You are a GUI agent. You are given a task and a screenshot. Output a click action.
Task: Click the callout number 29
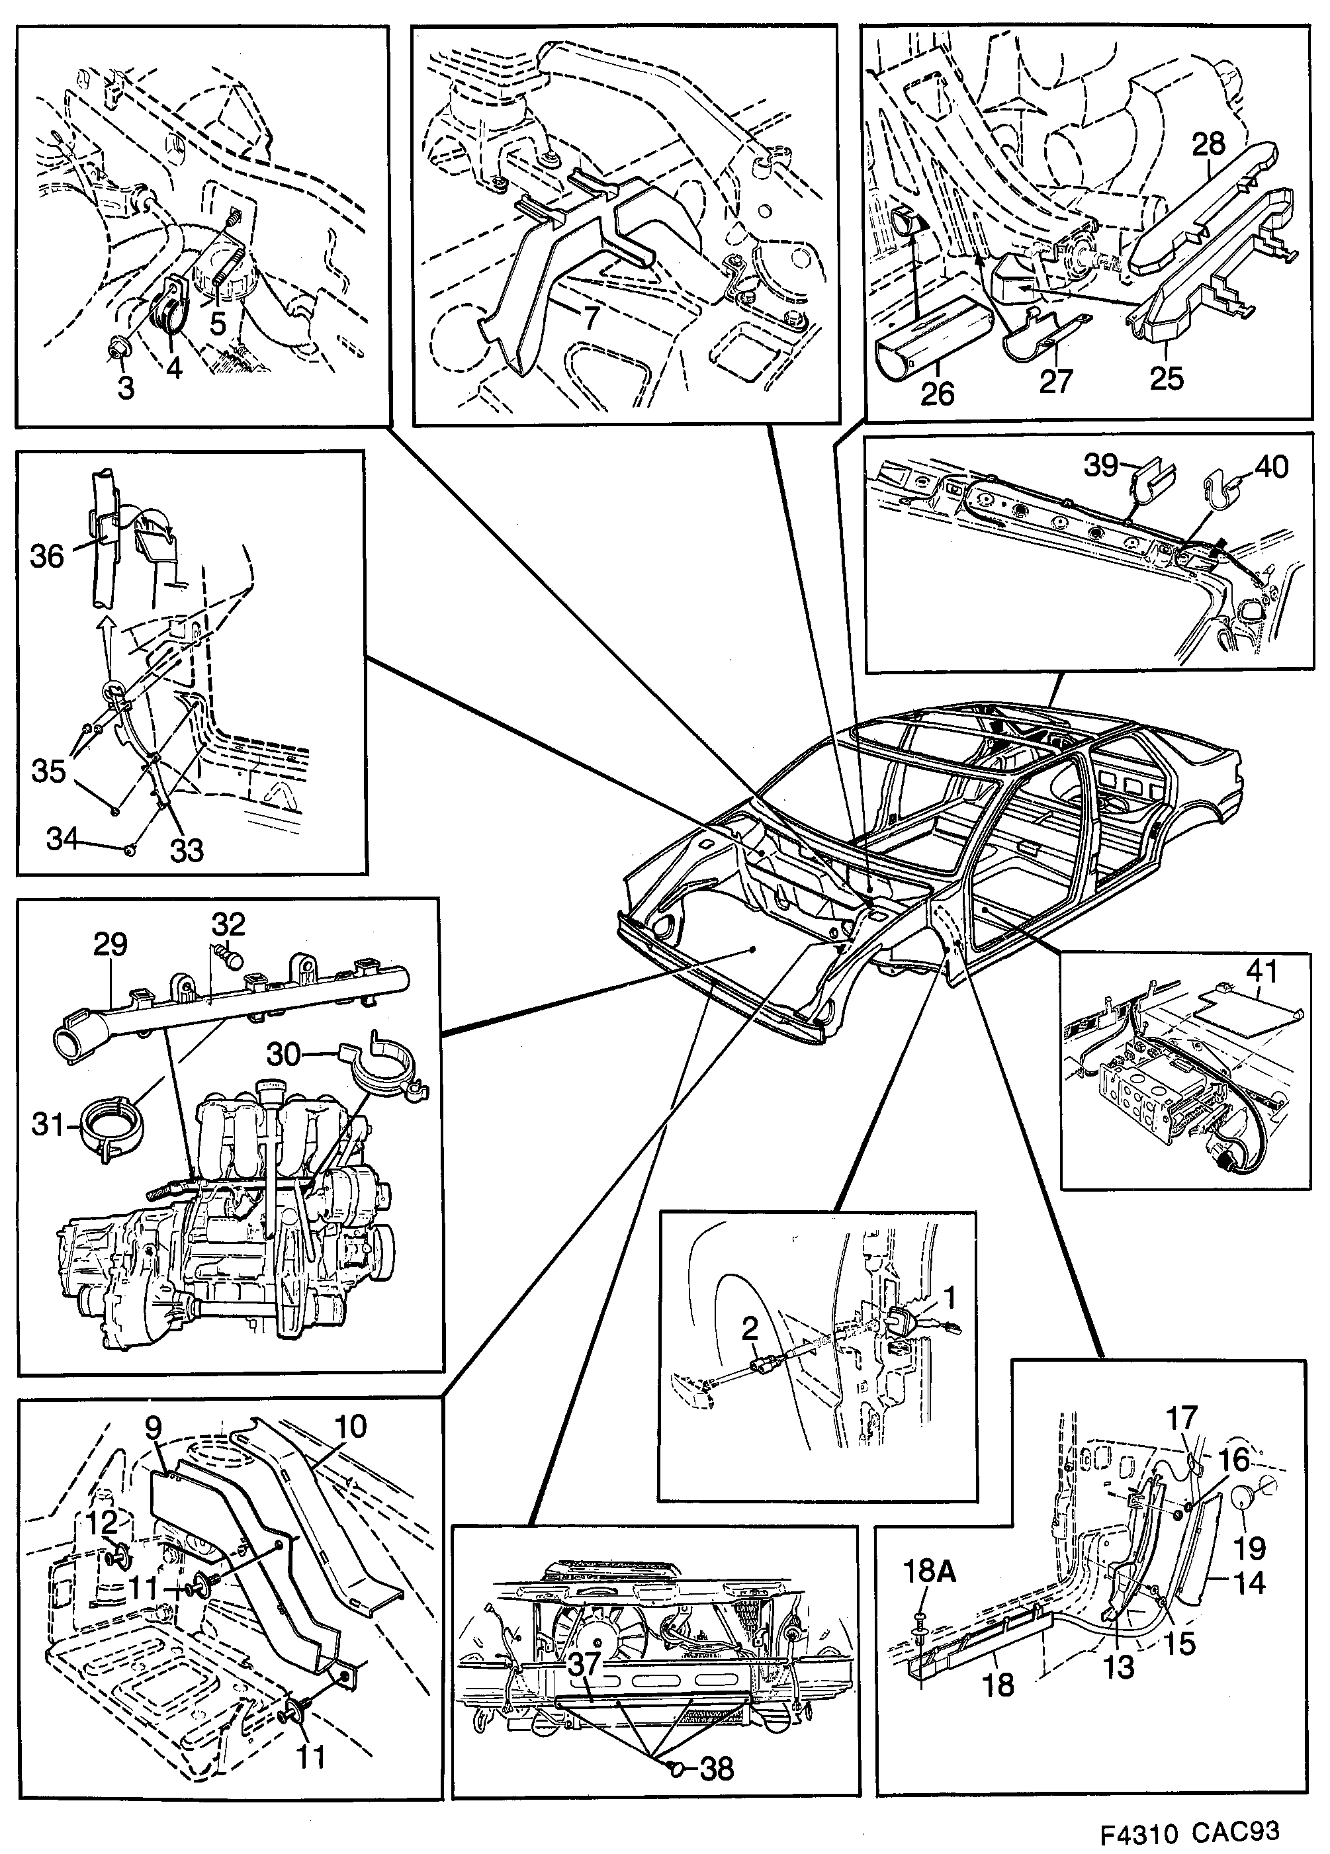[x=111, y=945]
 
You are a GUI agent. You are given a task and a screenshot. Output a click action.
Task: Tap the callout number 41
[x=1262, y=971]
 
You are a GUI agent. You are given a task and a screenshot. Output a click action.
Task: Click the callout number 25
[x=1167, y=379]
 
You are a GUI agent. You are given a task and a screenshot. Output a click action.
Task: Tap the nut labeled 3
[x=112, y=351]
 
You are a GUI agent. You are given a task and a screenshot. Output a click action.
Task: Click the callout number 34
[x=62, y=838]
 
